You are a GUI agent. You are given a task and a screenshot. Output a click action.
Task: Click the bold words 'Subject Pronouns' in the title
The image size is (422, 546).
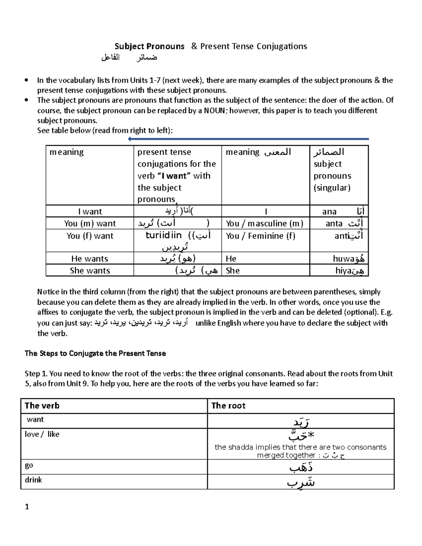point(149,46)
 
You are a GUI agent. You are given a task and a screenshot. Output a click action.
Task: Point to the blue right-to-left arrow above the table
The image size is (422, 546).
point(248,139)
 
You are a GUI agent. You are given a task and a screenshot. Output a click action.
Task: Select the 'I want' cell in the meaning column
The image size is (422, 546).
point(90,211)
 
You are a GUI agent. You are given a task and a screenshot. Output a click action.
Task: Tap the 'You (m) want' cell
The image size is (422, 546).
point(90,224)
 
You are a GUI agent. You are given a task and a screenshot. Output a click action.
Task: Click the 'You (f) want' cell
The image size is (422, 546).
point(90,236)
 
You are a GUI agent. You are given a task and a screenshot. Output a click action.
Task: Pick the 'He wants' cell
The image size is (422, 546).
point(90,259)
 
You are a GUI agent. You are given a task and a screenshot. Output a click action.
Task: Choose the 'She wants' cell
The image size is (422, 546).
point(90,271)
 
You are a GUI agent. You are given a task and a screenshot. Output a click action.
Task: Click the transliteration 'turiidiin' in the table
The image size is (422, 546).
point(164,235)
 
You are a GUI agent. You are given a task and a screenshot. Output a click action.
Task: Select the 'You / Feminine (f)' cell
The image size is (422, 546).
point(261,236)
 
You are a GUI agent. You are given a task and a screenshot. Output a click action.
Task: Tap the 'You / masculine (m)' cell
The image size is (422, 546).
point(264,224)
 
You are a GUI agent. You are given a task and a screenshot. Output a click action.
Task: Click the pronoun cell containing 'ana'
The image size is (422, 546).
point(339,211)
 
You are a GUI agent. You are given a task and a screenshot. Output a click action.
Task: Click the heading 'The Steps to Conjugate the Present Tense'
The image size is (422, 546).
point(95,353)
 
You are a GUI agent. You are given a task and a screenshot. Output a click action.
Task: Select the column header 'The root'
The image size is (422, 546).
point(228,406)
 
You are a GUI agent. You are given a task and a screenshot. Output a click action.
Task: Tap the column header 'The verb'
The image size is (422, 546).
point(42,406)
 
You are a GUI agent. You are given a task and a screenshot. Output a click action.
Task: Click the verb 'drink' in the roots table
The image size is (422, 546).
point(33,480)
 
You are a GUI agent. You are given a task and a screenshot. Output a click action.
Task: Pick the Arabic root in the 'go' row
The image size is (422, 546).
point(301,467)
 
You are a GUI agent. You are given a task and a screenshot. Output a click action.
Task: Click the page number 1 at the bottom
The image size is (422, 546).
point(27,507)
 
